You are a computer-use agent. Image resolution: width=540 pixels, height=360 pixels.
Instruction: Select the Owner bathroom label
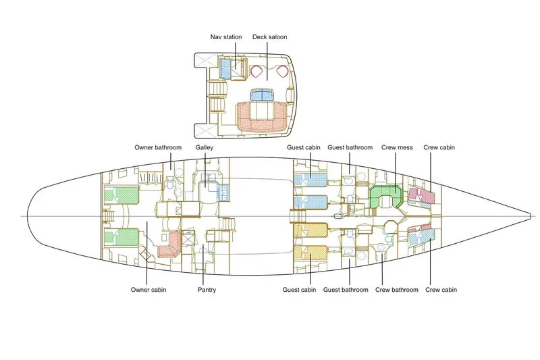(158, 147)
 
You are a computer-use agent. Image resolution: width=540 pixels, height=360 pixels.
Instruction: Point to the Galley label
(205, 147)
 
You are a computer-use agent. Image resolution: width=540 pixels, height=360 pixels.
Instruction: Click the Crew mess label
(396, 147)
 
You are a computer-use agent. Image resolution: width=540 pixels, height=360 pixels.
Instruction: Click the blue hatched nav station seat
(225, 67)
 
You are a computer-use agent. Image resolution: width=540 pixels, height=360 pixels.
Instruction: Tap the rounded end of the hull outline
(29, 216)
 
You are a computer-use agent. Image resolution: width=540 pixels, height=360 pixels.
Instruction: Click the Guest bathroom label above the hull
(350, 147)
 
